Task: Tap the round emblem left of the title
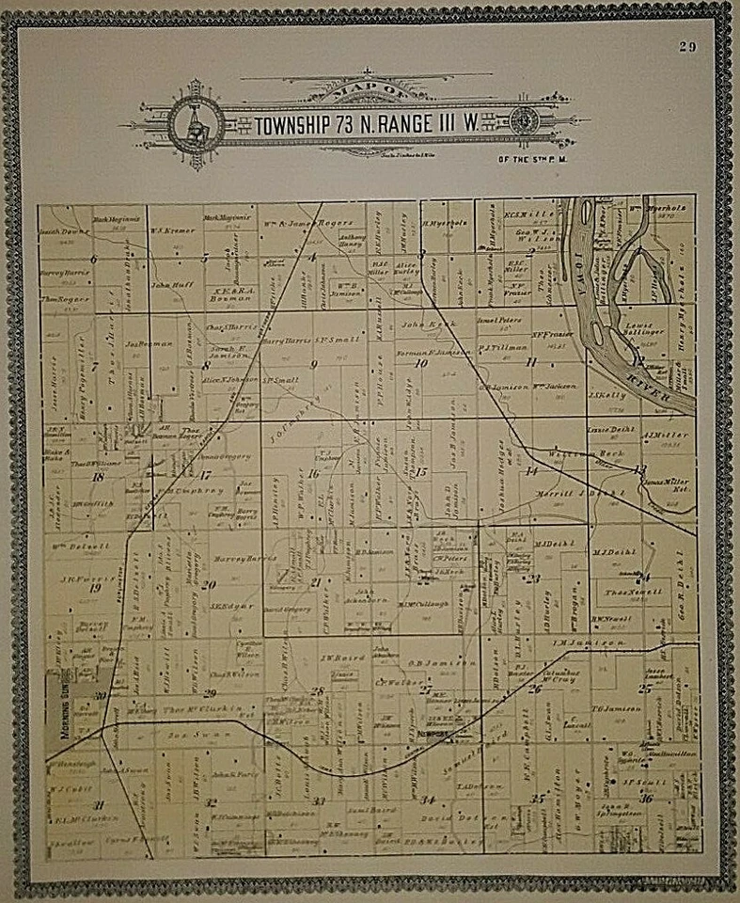[x=197, y=124]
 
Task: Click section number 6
[x=93, y=258]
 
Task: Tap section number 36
[x=645, y=799]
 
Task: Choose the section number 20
[x=208, y=584]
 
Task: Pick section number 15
[x=421, y=471]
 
